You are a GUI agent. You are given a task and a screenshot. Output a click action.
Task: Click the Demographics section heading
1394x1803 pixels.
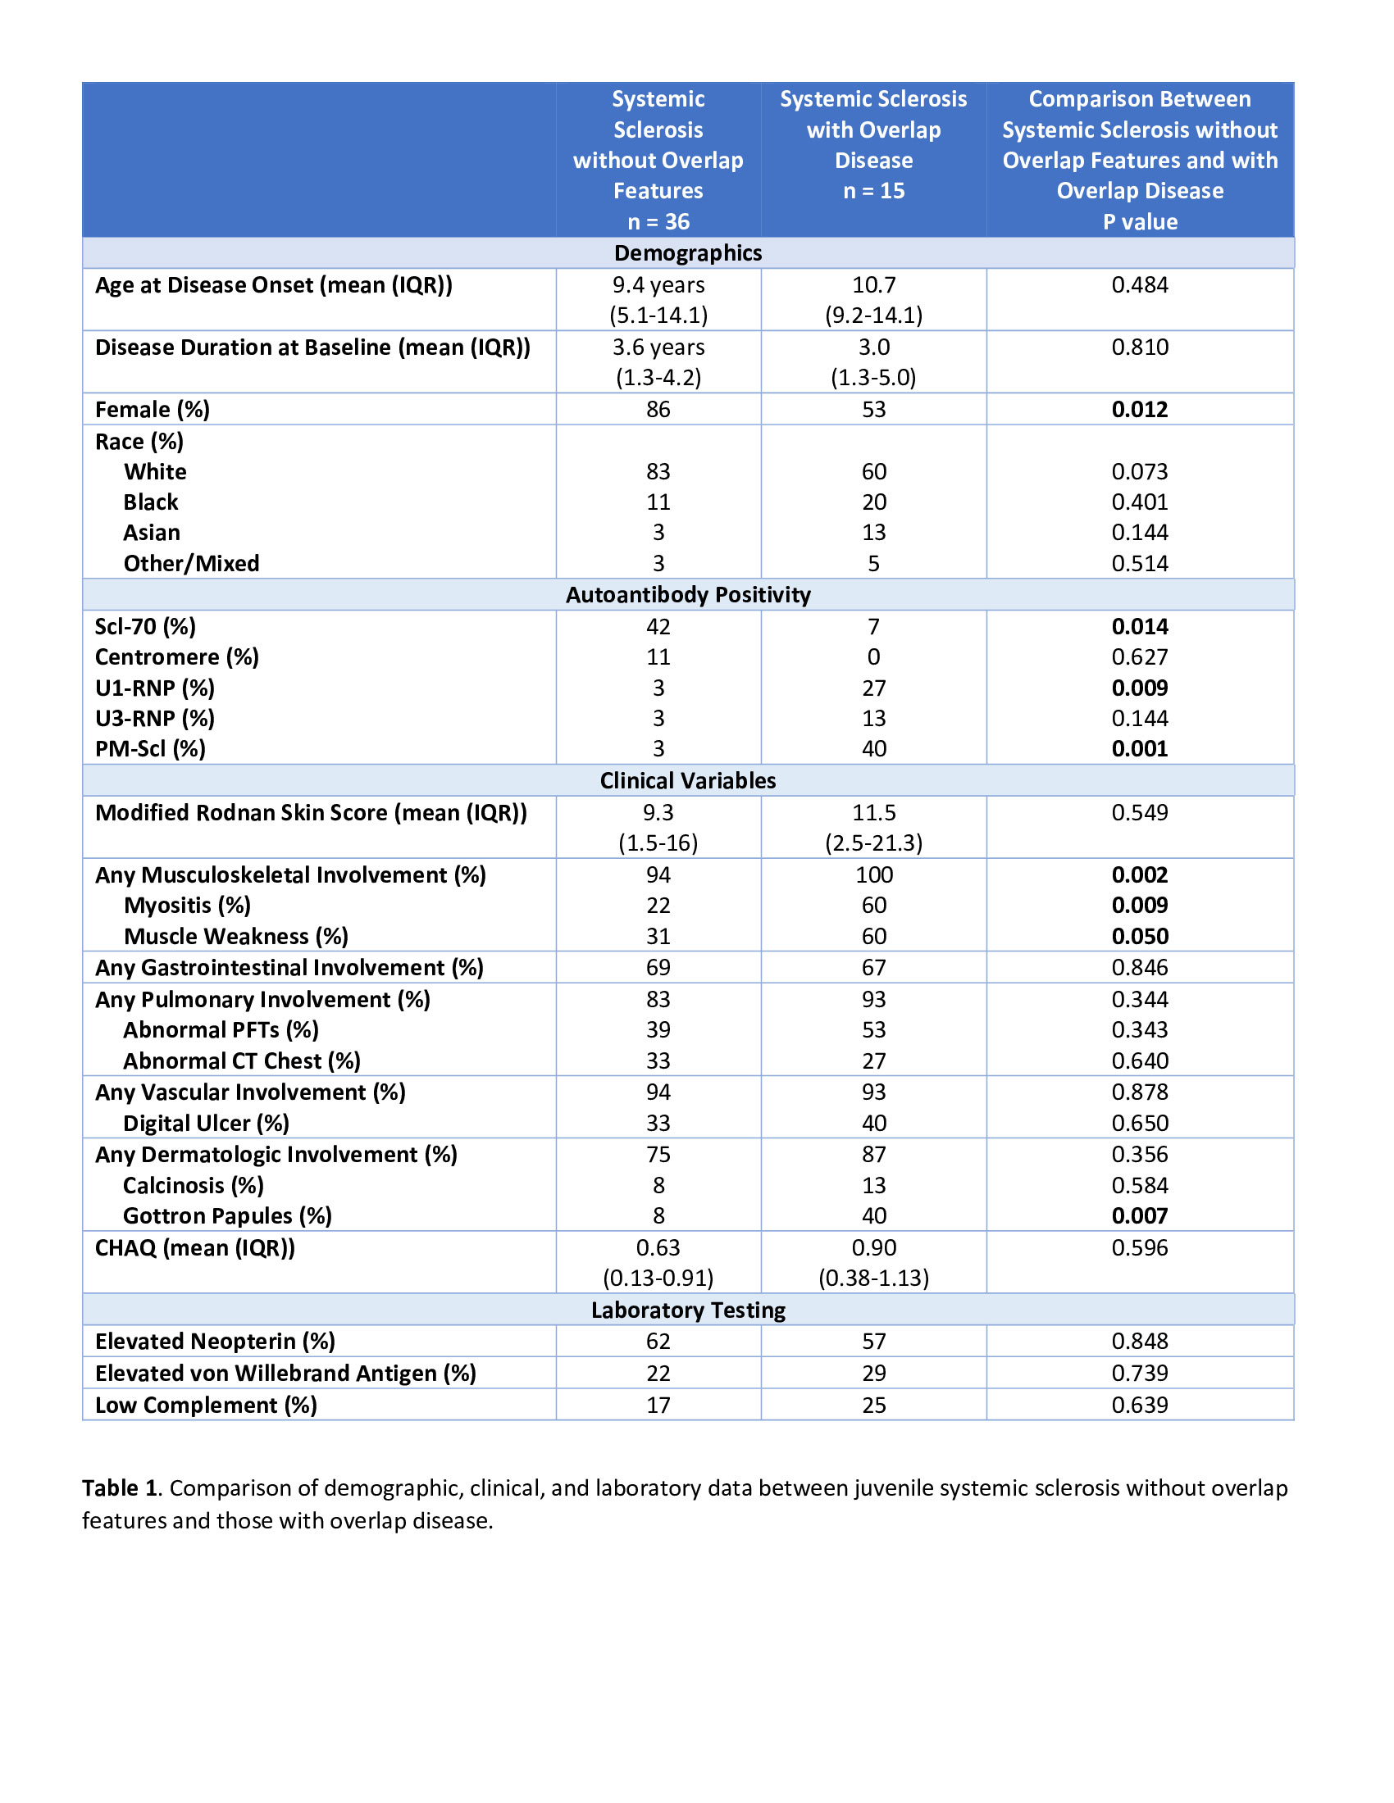[687, 252]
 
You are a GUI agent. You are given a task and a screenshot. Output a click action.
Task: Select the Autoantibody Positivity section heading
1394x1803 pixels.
[687, 594]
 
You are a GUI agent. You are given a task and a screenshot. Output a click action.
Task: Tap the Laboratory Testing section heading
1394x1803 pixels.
[687, 1310]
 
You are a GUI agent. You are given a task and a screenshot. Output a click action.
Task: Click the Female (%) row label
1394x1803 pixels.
[152, 410]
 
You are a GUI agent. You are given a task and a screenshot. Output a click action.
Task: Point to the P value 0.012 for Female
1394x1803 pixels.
[1139, 410]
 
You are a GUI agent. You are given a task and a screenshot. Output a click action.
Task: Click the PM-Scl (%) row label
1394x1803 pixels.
[149, 749]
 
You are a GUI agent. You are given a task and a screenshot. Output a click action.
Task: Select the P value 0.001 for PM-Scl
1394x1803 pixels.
[1139, 749]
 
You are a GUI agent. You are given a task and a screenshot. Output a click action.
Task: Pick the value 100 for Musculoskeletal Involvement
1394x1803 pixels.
[873, 875]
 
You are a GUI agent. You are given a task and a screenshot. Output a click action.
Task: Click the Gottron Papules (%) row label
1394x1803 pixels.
[227, 1216]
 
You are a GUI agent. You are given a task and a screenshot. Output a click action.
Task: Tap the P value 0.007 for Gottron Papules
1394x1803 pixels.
[1139, 1216]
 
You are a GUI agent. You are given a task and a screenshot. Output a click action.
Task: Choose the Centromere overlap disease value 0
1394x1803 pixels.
[873, 657]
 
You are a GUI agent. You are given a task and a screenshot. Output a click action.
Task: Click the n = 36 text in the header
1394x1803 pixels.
[658, 222]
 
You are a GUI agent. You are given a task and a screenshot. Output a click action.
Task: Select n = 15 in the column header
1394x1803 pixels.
[873, 192]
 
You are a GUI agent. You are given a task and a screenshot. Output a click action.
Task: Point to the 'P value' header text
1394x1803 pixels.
[1139, 222]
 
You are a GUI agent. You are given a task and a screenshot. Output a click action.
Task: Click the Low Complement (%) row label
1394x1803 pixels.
[206, 1405]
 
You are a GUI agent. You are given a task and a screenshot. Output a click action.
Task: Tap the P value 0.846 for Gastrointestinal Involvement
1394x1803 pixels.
[1139, 968]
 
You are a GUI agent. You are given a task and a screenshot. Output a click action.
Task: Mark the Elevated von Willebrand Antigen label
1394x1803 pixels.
[285, 1373]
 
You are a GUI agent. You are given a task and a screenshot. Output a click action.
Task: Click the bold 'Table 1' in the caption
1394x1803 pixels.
[119, 1488]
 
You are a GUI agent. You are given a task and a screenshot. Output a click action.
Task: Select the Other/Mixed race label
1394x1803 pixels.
[191, 564]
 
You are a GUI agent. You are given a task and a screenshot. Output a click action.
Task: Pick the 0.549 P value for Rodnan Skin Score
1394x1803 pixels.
[1139, 812]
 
